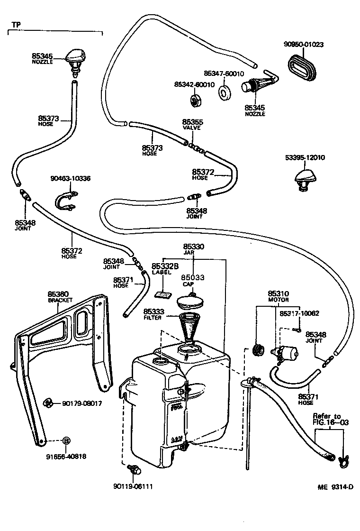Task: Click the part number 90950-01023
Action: [x=311, y=46]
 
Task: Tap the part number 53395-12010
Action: [x=305, y=157]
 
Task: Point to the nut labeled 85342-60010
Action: [x=196, y=101]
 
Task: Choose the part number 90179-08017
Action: [x=82, y=403]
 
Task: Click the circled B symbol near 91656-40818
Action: [x=66, y=440]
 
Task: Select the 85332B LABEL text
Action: [x=164, y=269]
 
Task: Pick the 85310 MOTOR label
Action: [x=278, y=297]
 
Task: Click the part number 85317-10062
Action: [x=299, y=313]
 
